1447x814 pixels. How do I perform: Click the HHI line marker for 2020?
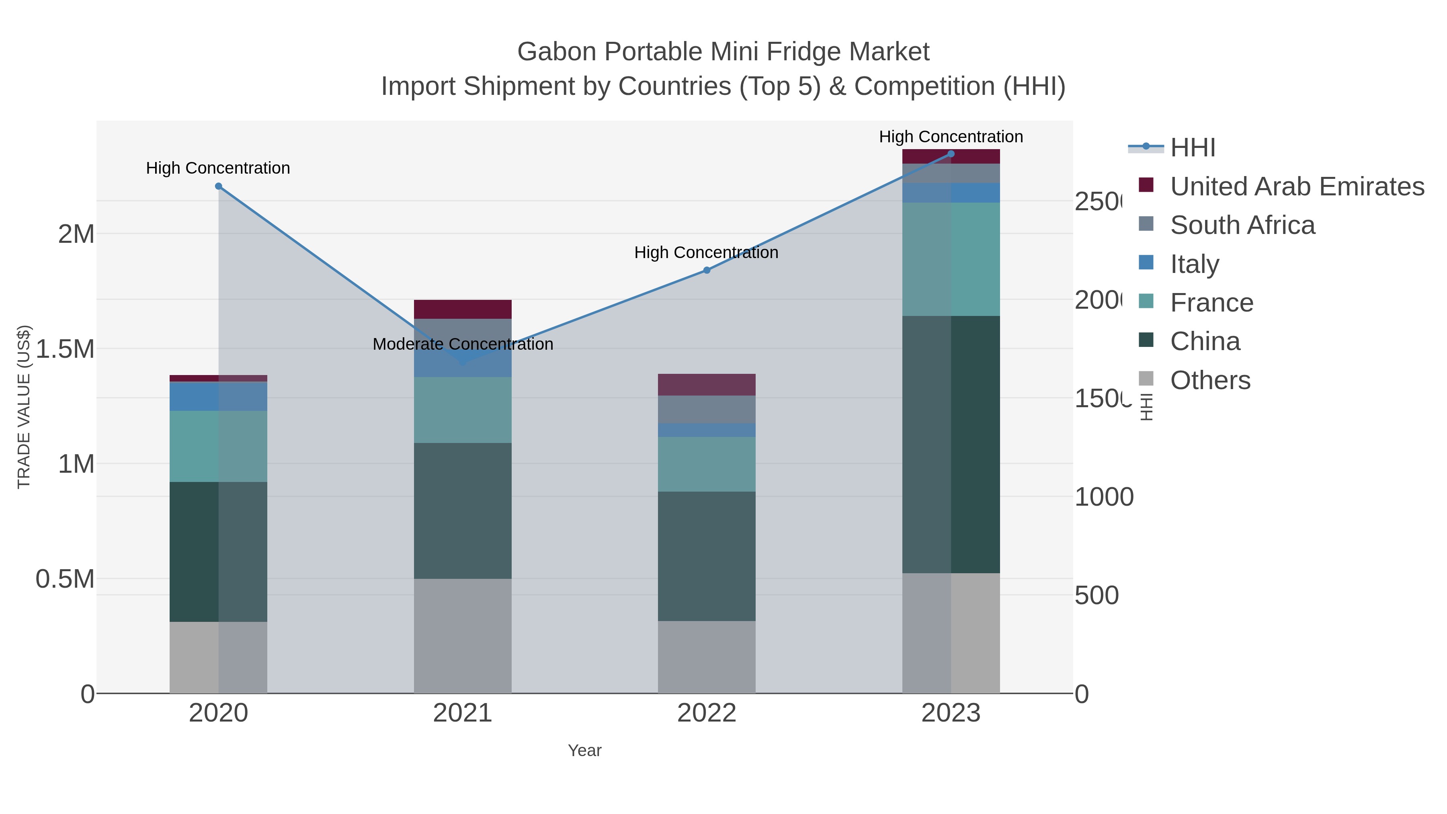(x=219, y=187)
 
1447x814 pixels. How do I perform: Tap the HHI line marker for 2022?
(x=707, y=270)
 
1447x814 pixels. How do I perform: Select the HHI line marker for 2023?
(x=951, y=154)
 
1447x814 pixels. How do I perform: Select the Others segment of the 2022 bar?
(x=707, y=657)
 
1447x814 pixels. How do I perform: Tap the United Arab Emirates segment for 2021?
(x=463, y=310)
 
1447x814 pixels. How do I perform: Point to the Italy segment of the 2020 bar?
(x=219, y=397)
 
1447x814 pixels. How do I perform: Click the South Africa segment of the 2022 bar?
(x=707, y=410)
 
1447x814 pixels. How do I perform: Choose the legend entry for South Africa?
(x=1242, y=225)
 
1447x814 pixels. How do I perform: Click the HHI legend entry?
(x=1192, y=148)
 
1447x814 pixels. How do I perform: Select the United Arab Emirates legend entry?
(x=1296, y=187)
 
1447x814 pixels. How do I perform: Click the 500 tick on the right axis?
(x=1097, y=595)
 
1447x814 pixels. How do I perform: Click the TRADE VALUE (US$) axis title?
(x=24, y=407)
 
